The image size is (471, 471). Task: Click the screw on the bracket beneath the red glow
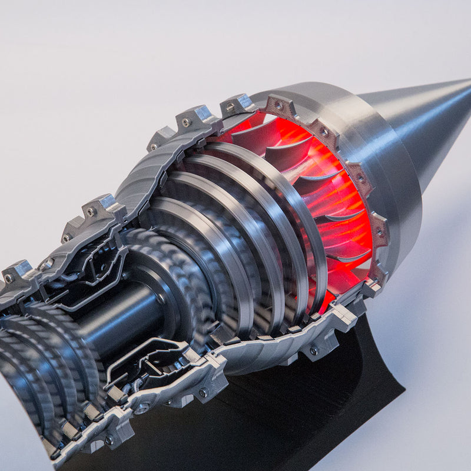(314, 351)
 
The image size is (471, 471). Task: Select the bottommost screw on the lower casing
(110, 439)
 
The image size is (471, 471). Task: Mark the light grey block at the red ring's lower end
(371, 288)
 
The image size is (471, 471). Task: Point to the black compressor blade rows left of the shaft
(35, 353)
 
